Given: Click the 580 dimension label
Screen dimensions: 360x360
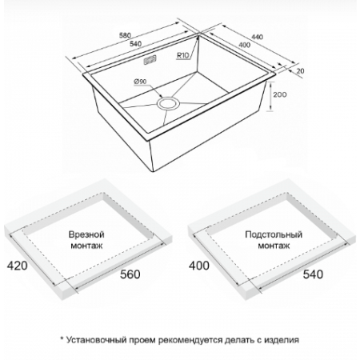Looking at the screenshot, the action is point(125,35).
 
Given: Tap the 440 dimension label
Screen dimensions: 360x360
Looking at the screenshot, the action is point(258,37).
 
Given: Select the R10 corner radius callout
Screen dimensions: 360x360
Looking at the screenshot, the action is point(182,55).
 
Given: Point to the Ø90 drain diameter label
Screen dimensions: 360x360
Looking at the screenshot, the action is point(140,81).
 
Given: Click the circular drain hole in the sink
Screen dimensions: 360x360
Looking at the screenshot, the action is point(168,103).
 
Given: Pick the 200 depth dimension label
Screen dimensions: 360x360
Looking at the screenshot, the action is point(280,94).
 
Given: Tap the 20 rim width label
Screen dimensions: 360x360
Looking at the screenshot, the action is point(300,71).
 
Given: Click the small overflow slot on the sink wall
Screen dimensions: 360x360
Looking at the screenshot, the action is point(150,60).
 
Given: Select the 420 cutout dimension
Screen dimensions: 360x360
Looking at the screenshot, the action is point(17,266).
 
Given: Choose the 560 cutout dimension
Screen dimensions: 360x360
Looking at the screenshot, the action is point(130,274).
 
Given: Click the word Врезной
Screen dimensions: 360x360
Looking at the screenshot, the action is point(86,234).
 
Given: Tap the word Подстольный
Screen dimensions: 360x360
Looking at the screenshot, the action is point(274,234).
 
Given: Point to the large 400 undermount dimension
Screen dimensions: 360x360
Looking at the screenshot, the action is point(199,266).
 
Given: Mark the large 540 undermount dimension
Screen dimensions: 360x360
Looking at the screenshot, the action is point(313,274).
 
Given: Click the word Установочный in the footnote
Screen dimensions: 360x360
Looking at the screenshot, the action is point(96,340).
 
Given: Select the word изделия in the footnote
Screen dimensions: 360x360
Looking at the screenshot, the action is point(282,340).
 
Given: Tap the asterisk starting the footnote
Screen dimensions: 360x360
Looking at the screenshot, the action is point(62,338).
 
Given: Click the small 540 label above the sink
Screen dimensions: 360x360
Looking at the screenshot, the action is point(135,44).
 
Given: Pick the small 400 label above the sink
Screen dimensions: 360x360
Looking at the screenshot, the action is point(244,45).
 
